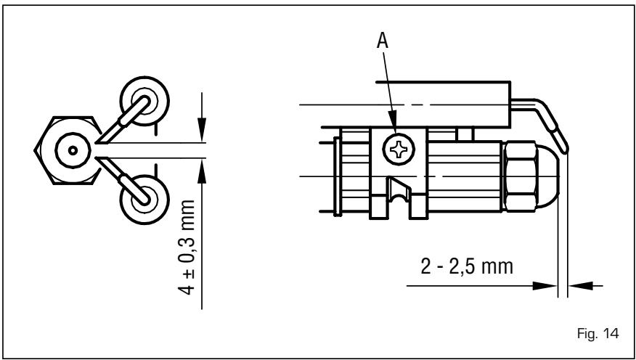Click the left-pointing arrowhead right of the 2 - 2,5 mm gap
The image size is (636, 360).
(x=577, y=286)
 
